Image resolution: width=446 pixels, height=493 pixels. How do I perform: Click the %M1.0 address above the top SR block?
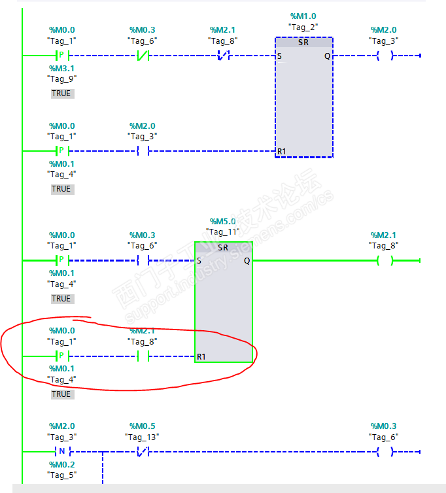(x=303, y=16)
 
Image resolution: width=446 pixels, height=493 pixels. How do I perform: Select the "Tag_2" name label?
(x=303, y=27)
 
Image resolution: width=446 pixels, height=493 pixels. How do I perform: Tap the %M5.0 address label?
(x=223, y=222)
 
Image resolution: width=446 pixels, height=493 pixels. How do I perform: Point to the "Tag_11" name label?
(x=223, y=232)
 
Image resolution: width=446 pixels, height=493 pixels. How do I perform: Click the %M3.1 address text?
(x=61, y=68)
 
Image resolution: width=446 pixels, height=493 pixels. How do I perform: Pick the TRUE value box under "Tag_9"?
(x=63, y=93)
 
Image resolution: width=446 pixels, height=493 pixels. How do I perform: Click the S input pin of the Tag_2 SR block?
(x=279, y=56)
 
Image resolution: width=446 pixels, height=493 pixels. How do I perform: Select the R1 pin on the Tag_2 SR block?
(x=281, y=152)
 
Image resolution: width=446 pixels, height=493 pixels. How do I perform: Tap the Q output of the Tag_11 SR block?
(x=247, y=261)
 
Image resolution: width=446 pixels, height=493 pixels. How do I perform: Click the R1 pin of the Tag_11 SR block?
(x=201, y=356)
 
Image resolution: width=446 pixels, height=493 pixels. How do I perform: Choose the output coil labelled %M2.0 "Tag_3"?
(x=385, y=56)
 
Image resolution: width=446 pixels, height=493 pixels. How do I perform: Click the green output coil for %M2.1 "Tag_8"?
(x=385, y=261)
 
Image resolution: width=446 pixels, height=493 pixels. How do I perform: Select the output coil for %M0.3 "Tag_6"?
(x=385, y=452)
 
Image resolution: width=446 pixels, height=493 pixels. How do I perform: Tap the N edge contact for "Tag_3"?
(x=62, y=452)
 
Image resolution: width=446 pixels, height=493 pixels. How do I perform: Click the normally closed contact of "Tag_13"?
(x=143, y=452)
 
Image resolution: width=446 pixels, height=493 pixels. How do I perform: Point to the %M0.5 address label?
(x=143, y=426)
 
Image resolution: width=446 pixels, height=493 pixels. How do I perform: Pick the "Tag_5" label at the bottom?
(x=61, y=475)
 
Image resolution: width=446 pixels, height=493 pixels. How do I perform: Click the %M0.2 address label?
(x=61, y=464)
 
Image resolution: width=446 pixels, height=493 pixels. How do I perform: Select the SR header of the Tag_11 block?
(x=223, y=247)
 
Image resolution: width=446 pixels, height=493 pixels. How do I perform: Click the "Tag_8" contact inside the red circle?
(x=143, y=356)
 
